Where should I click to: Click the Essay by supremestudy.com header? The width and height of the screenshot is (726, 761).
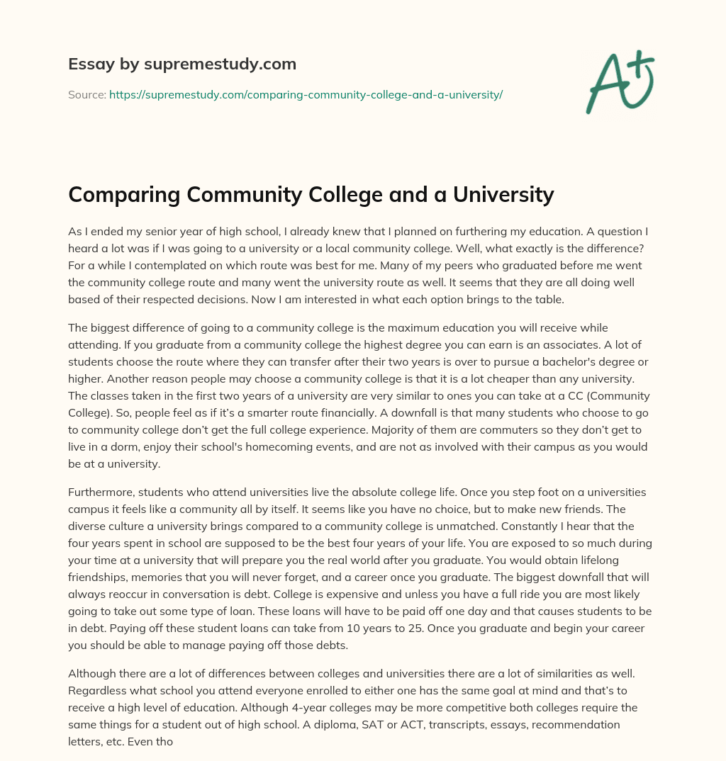coord(182,64)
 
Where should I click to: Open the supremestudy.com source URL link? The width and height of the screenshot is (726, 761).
coord(306,94)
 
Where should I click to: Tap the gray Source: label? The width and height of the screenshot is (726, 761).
coord(87,94)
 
